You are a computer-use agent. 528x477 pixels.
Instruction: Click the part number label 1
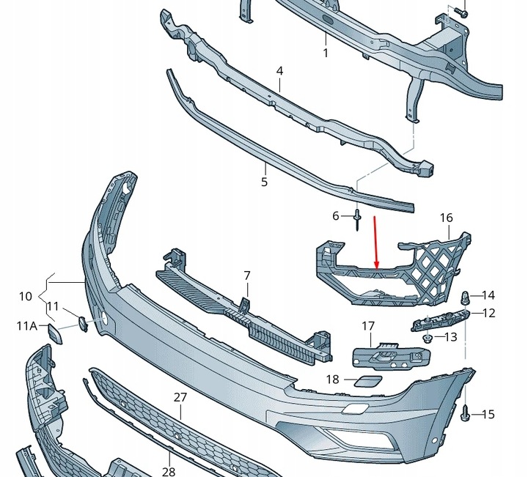point(326,53)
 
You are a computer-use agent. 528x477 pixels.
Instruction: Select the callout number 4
point(279,71)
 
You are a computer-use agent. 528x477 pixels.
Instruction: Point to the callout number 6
point(337,216)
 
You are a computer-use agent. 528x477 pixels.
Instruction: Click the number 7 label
point(247,276)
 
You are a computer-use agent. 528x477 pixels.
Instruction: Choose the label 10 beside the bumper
point(26,296)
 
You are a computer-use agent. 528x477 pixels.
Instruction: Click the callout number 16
point(447,218)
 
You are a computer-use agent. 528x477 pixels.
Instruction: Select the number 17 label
point(368,326)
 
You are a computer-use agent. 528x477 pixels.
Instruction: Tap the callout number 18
point(333,379)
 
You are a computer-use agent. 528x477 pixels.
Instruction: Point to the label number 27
point(181,396)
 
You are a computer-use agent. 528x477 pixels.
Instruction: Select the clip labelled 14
point(465,297)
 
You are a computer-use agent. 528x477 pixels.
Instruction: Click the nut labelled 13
point(426,338)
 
